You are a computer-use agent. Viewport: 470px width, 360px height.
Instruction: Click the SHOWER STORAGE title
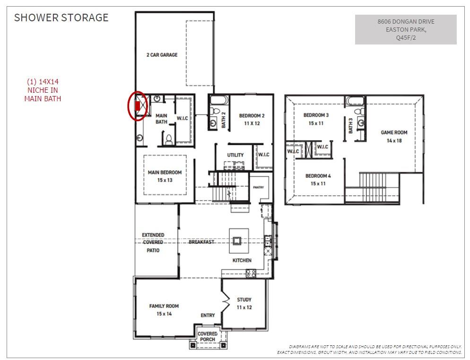61,18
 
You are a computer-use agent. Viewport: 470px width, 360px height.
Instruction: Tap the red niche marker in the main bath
138,105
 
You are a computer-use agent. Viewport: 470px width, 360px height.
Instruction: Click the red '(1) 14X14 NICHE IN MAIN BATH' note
43,90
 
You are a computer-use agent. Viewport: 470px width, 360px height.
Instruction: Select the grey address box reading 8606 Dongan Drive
406,29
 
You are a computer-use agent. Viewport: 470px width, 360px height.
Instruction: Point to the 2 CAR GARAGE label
162,55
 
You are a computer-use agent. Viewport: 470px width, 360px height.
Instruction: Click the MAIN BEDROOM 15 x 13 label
165,176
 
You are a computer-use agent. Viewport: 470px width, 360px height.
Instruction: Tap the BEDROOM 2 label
252,119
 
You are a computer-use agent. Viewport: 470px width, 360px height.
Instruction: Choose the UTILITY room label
235,155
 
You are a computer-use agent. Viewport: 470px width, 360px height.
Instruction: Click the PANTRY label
258,187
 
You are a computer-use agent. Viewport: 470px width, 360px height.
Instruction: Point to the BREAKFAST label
201,242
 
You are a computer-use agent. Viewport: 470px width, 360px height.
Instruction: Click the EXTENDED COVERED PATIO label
153,242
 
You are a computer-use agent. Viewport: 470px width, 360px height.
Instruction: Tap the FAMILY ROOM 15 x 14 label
164,310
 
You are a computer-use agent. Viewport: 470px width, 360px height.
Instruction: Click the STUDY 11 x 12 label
244,303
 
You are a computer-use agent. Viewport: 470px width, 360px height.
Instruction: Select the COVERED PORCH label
208,337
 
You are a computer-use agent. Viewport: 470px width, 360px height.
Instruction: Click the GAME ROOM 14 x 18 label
394,136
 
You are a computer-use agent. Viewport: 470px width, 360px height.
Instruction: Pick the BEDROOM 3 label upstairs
316,119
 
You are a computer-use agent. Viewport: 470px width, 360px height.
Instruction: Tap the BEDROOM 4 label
318,179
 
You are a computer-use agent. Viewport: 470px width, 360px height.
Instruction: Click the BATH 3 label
351,126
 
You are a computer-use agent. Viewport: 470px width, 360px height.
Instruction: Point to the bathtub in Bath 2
219,100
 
